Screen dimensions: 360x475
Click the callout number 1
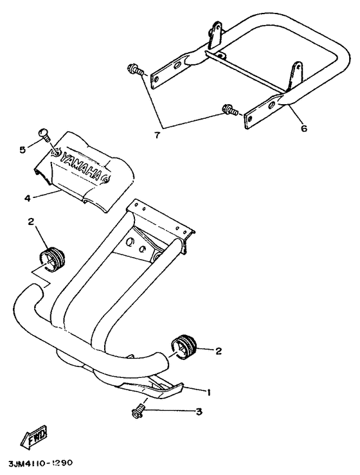(208, 392)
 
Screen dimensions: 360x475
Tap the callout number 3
(199, 411)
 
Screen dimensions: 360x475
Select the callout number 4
(28, 199)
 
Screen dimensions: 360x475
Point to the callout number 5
(22, 150)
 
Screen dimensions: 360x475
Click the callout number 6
(303, 128)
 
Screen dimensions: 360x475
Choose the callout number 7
(157, 135)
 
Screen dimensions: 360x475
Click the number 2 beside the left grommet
(32, 222)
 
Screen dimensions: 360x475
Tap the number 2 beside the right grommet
(218, 351)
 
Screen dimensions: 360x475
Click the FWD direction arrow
(33, 436)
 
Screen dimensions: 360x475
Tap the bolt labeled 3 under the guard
(138, 410)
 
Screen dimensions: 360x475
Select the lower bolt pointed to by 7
(230, 110)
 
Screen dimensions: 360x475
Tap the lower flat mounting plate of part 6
(263, 111)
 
